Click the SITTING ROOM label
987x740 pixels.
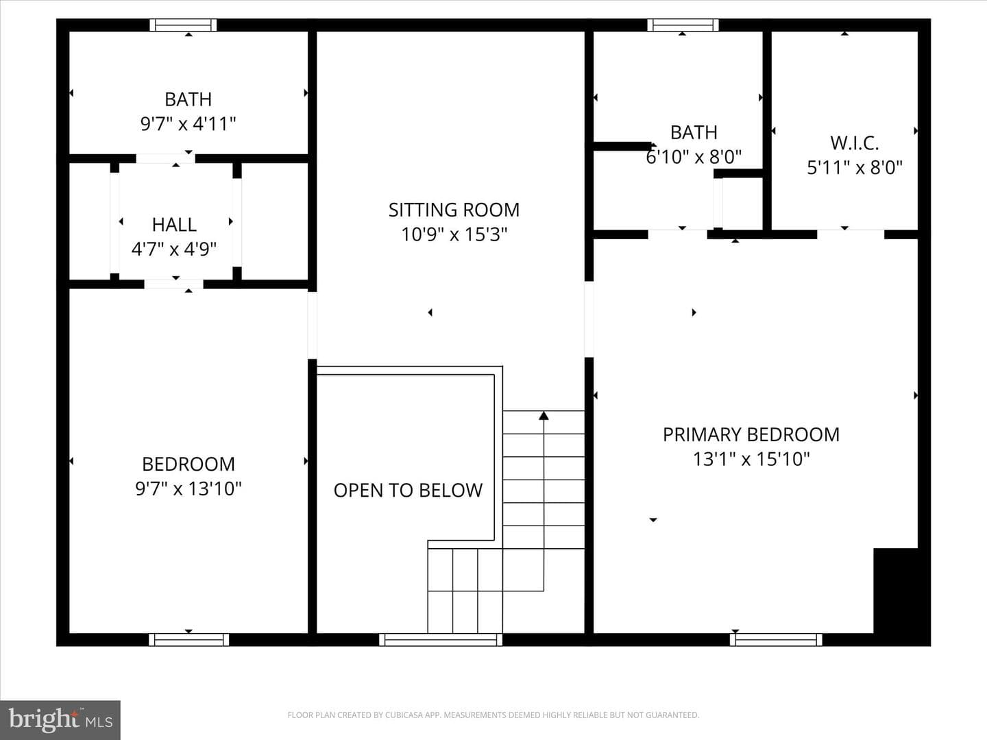pyautogui.click(x=454, y=210)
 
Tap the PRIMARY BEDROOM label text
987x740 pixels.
pyautogui.click(x=751, y=434)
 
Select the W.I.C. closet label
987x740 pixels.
pyautogui.click(x=854, y=143)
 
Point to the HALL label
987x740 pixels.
pyautogui.click(x=174, y=225)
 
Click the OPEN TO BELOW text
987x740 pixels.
pyautogui.click(x=408, y=490)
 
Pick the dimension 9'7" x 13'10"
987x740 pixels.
pyautogui.click(x=188, y=489)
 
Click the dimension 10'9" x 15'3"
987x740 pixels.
pyautogui.click(x=454, y=234)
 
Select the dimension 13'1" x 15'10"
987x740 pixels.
pyautogui.click(x=751, y=459)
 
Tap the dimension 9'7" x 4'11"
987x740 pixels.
pyautogui.click(x=188, y=123)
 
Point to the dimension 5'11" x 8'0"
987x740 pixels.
pyautogui.click(x=854, y=168)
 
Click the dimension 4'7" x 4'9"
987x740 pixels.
pyautogui.click(x=174, y=249)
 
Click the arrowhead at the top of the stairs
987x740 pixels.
pyautogui.click(x=544, y=416)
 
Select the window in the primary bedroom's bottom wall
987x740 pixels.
pyautogui.click(x=776, y=639)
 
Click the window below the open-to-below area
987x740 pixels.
pyautogui.click(x=441, y=639)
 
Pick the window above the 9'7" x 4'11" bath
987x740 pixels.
pyautogui.click(x=183, y=25)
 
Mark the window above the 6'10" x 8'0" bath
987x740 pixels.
pyautogui.click(x=683, y=25)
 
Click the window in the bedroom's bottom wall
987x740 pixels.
pyautogui.click(x=189, y=639)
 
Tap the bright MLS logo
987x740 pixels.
pyautogui.click(x=60, y=720)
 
